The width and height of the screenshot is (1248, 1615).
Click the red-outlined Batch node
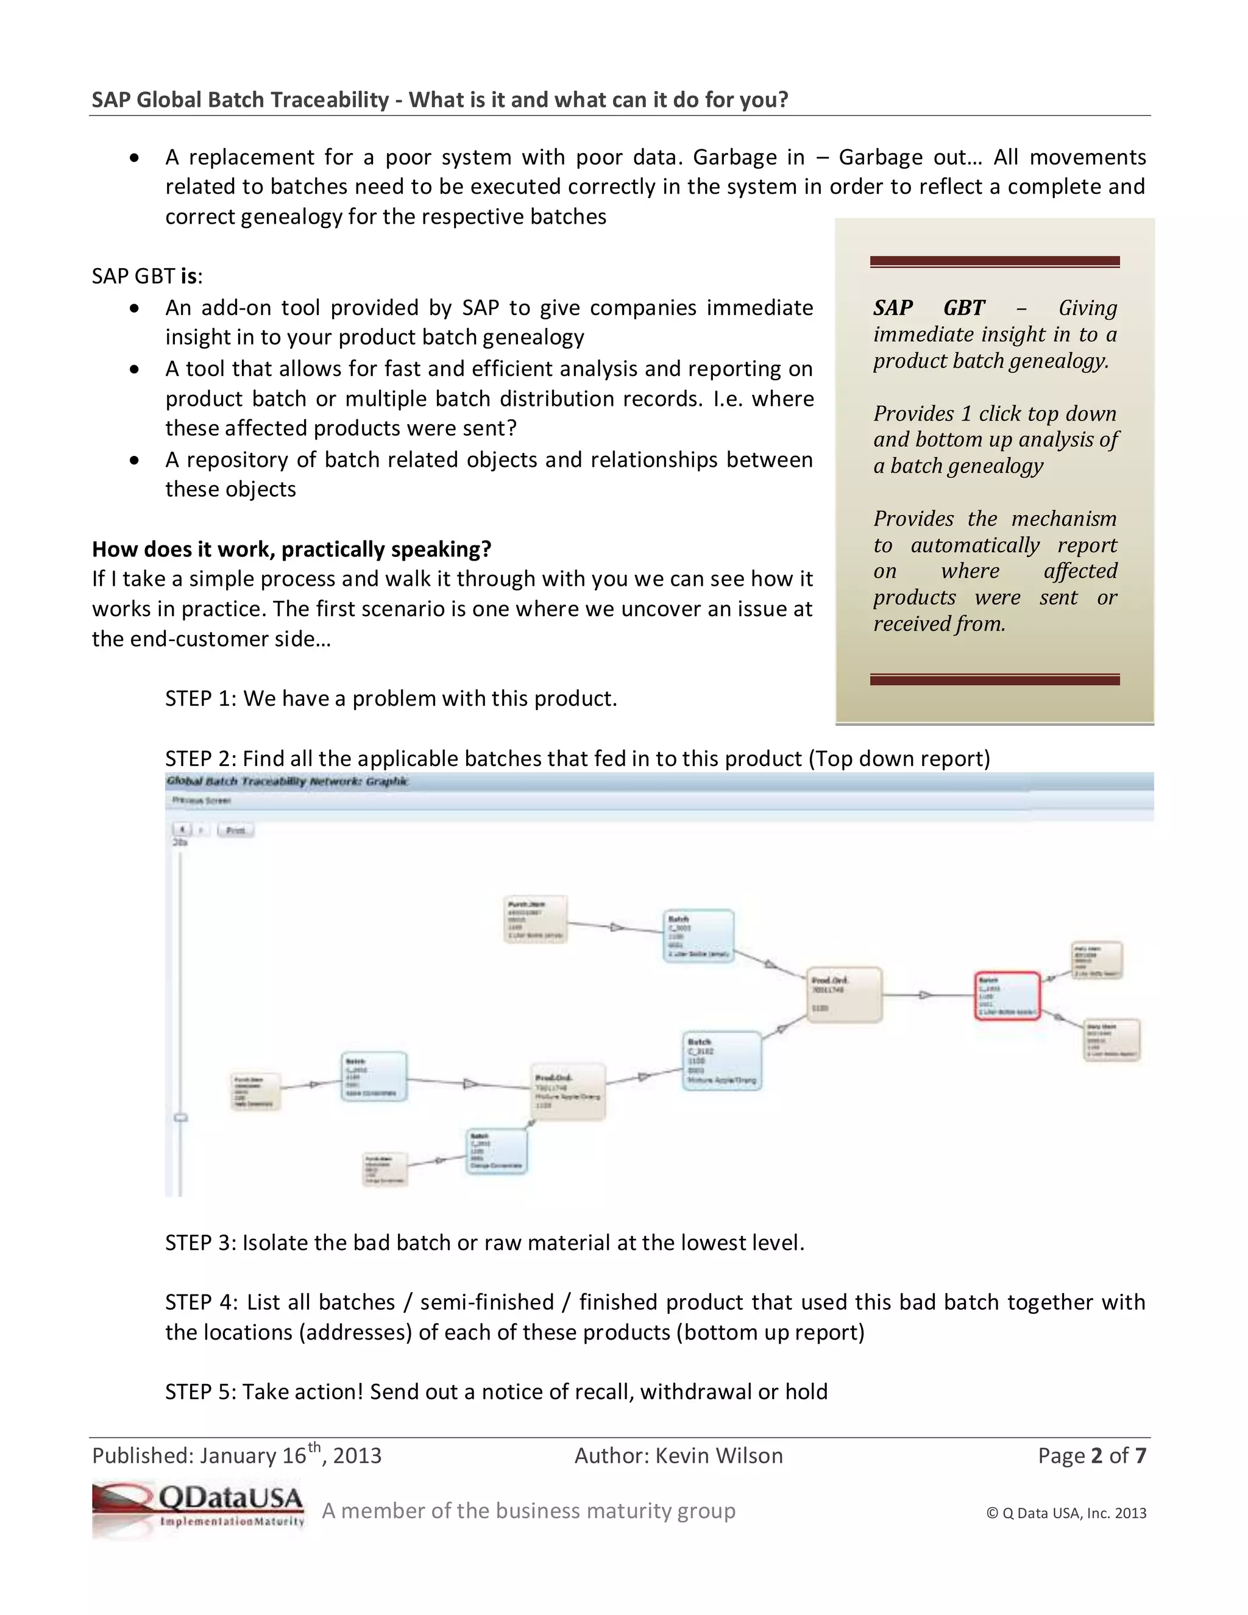[1007, 996]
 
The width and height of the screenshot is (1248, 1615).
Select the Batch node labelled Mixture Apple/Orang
[721, 1061]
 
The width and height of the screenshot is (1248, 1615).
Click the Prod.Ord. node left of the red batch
[843, 995]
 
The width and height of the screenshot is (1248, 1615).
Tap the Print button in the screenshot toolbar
[235, 829]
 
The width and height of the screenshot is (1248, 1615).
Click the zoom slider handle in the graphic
[180, 1117]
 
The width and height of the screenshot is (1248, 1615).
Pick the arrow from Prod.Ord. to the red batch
[924, 995]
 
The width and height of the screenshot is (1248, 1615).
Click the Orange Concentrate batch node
[497, 1151]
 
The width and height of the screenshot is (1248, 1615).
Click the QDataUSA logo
[198, 1508]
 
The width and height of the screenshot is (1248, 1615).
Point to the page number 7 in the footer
[1140, 1455]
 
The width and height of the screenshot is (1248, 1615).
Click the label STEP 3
[198, 1242]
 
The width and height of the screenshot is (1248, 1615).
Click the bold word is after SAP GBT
[190, 276]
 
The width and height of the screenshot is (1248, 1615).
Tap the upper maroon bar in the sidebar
[994, 261]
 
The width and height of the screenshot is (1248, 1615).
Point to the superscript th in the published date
[314, 1446]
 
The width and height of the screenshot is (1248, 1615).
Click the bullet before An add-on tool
[134, 308]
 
